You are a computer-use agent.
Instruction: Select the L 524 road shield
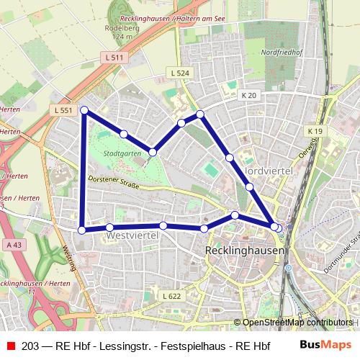coord(180,73)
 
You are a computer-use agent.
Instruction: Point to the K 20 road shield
coord(249,94)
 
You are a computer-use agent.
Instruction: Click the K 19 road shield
coord(315,131)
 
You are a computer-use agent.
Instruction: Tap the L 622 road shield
coord(171,297)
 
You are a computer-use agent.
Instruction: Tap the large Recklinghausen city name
coord(245,250)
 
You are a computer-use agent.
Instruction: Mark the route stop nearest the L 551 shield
coord(84,110)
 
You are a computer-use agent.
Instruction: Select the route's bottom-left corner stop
coord(82,230)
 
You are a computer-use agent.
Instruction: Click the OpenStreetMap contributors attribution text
coord(297,323)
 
